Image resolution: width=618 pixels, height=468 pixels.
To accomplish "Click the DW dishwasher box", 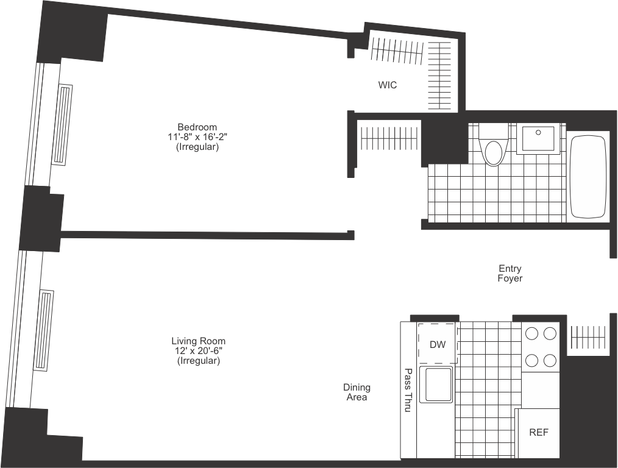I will tap(438, 345).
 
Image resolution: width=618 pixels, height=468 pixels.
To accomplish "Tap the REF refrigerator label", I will tap(538, 433).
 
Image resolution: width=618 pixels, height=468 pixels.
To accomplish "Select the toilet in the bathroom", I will tap(494, 145).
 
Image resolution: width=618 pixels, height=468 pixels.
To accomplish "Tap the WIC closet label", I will tap(387, 85).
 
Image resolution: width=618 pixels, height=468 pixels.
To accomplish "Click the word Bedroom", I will tap(197, 127).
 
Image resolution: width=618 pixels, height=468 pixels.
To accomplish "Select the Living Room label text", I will tap(199, 341).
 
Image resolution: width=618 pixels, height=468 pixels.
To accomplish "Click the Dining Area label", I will tap(357, 392).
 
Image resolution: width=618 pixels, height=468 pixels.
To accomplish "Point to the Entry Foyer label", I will tap(510, 273).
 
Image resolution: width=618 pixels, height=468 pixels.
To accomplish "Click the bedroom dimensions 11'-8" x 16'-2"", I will tap(197, 137).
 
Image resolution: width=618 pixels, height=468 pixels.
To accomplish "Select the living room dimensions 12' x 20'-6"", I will tap(199, 352).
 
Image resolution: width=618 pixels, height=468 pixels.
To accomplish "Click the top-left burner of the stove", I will tap(532, 333).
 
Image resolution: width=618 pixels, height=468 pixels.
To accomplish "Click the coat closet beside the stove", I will tap(588, 335).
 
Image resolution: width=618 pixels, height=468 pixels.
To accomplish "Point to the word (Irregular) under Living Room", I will tap(199, 361).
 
